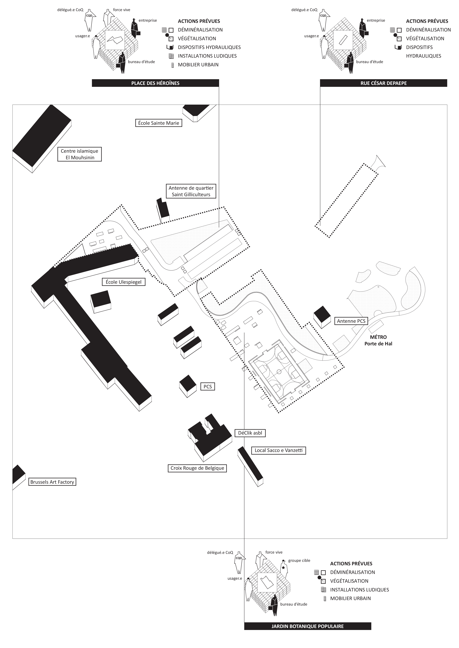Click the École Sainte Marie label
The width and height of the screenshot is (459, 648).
(159, 123)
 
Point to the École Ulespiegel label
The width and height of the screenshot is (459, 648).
(124, 282)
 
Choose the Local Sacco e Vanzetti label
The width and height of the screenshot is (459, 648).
(278, 450)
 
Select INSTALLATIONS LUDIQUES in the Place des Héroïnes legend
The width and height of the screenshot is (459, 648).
(207, 56)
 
